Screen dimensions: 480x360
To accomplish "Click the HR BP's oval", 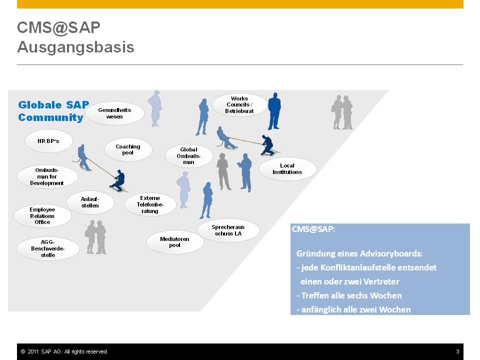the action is pyautogui.click(x=48, y=141).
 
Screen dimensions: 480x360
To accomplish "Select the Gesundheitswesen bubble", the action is pyautogui.click(x=114, y=113).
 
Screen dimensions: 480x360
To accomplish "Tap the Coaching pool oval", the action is pyautogui.click(x=128, y=149).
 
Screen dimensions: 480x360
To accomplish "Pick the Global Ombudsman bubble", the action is pyautogui.click(x=189, y=156).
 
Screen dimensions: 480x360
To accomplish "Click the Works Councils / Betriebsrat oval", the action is pyautogui.click(x=239, y=104).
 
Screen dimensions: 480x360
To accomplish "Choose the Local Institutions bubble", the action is pyautogui.click(x=287, y=169).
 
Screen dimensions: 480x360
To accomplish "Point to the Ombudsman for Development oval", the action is pyautogui.click(x=47, y=176).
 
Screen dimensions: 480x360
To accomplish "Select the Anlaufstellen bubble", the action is pyautogui.click(x=90, y=202).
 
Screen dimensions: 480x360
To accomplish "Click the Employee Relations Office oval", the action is pyautogui.click(x=42, y=216).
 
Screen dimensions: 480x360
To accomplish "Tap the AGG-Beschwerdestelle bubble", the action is pyautogui.click(x=48, y=248).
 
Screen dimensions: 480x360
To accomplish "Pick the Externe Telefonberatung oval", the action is pyautogui.click(x=150, y=204).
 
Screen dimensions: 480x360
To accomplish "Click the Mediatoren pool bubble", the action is pyautogui.click(x=175, y=242).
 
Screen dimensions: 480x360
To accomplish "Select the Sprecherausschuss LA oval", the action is pyautogui.click(x=228, y=230).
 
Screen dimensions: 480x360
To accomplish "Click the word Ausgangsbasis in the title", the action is pyautogui.click(x=75, y=47).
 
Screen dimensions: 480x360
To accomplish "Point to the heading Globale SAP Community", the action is pyautogui.click(x=53, y=111).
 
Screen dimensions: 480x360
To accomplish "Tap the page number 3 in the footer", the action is pyautogui.click(x=457, y=351).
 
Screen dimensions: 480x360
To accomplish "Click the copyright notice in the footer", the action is pyautogui.click(x=64, y=351).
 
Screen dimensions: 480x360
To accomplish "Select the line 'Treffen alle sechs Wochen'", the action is pyautogui.click(x=349, y=295).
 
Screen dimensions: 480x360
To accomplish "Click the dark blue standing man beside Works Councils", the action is pyautogui.click(x=274, y=111).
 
